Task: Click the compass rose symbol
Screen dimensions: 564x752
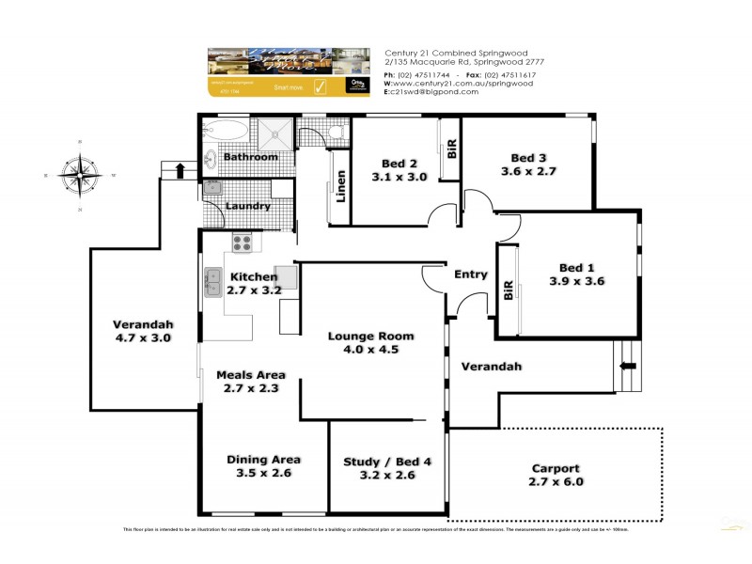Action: pyautogui.click(x=79, y=174)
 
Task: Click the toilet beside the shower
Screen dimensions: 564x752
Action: pyautogui.click(x=329, y=133)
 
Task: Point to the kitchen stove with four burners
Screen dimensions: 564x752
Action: pyautogui.click(x=242, y=243)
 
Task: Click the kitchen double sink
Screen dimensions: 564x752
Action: pyautogui.click(x=212, y=282)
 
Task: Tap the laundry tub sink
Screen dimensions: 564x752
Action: pyautogui.click(x=212, y=188)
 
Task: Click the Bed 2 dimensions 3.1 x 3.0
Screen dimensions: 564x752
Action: pyautogui.click(x=399, y=177)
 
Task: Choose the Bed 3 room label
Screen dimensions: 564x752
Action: pyautogui.click(x=528, y=158)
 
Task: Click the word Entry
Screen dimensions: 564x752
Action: pyautogui.click(x=471, y=274)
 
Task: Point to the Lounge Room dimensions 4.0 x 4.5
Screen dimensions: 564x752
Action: pyautogui.click(x=370, y=351)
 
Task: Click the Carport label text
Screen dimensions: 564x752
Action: pyautogui.click(x=556, y=468)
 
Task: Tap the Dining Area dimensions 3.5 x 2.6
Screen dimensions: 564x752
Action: pyautogui.click(x=263, y=475)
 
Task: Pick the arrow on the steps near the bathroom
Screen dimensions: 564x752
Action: pyautogui.click(x=180, y=170)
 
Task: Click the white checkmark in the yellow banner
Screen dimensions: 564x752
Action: pyautogui.click(x=319, y=87)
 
